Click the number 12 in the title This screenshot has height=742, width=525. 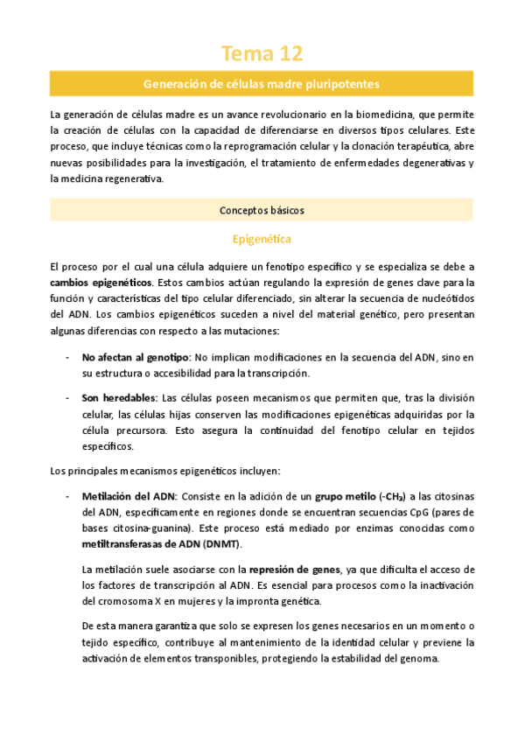pos(289,54)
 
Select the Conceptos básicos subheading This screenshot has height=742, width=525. pos(262,210)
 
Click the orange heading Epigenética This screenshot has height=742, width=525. pos(262,238)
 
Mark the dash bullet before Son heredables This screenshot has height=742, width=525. pos(68,398)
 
